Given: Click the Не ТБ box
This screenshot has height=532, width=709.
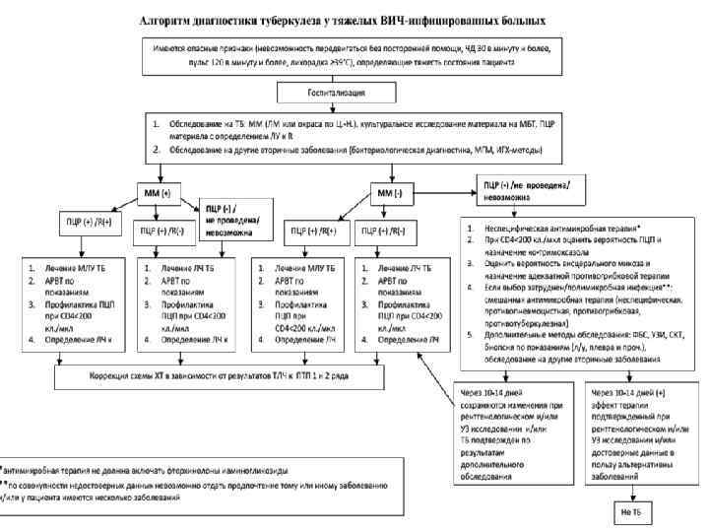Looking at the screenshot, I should (630, 513).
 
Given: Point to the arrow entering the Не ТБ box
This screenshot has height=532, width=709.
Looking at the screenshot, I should (630, 496).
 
